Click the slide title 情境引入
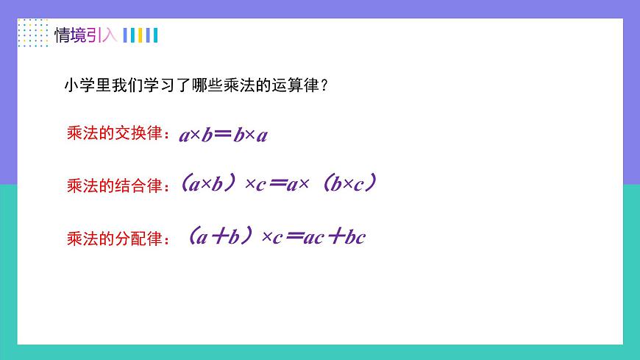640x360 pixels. tap(85, 35)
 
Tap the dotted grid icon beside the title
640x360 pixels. tap(32, 34)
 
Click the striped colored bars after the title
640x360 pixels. tap(141, 35)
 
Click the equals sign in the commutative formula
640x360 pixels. tap(221, 135)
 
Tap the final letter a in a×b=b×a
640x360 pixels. tap(262, 135)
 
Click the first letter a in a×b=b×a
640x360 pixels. tap(185, 135)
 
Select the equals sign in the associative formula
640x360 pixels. tap(276, 185)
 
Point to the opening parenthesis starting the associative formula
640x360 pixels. tap(184, 183)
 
